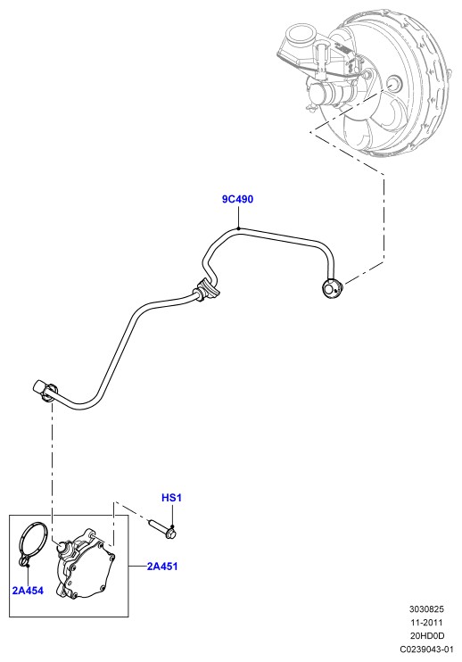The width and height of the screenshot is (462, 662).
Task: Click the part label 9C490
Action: (237, 199)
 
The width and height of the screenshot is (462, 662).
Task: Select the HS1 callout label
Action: (171, 498)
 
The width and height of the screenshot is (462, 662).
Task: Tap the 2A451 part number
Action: (162, 567)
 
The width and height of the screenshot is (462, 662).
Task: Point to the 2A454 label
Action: (28, 591)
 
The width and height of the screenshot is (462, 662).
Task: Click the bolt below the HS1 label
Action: (162, 529)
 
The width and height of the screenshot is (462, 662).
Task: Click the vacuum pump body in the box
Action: (86, 566)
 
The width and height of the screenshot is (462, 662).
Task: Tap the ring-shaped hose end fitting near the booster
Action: (333, 289)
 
